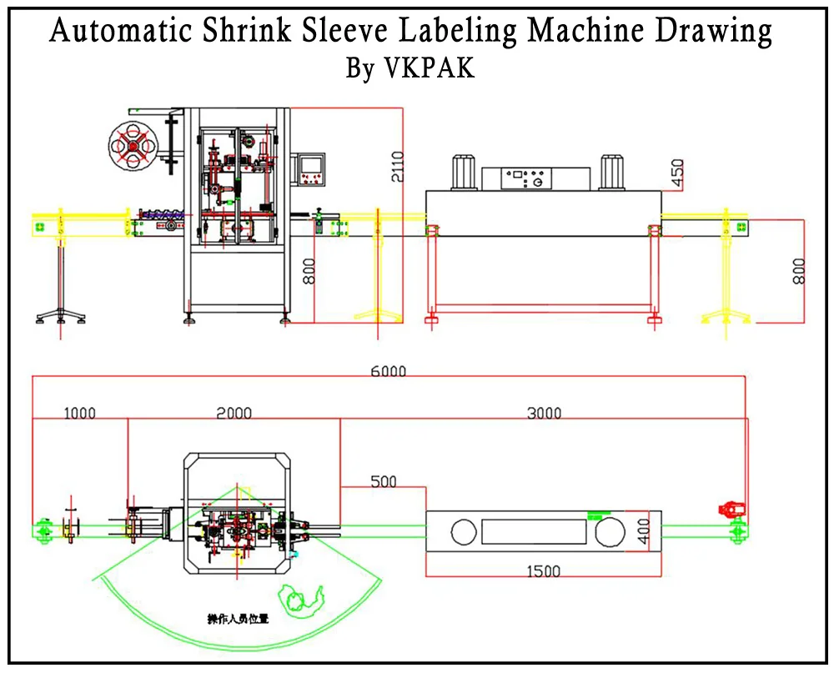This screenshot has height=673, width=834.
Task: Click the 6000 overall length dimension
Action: point(388,371)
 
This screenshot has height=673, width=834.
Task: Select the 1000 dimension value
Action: point(79,413)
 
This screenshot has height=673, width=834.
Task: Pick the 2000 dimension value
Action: point(234,413)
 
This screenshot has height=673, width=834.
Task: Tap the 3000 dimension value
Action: point(544,413)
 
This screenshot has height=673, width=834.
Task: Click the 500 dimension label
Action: point(383,481)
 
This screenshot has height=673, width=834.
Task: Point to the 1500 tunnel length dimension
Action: point(543,571)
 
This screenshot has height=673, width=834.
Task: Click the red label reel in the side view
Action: point(133,146)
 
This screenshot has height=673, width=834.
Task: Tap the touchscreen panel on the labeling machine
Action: point(312,167)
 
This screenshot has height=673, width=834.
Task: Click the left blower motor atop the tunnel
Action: point(464,172)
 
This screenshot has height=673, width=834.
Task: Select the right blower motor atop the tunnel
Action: point(611,172)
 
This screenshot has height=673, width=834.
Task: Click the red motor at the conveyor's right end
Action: point(731,510)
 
